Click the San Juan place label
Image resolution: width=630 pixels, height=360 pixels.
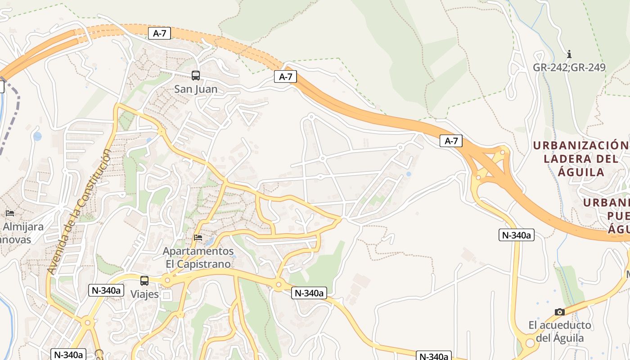pos(196,89)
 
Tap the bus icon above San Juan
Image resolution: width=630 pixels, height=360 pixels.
pos(195,76)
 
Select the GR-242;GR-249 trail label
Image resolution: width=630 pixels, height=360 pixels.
pos(569,67)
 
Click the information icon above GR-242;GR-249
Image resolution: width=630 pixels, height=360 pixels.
pos(569,54)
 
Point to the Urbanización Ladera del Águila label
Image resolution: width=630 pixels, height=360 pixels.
pos(580,158)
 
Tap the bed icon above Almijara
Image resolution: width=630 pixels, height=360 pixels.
pos(10,213)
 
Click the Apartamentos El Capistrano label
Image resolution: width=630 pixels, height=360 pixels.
pos(198,257)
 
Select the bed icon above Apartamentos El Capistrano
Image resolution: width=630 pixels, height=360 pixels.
pos(198,237)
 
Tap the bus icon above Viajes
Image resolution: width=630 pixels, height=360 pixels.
pos(144,281)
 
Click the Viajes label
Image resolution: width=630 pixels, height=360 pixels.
pos(144,294)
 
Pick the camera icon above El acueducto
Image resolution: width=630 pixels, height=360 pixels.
pos(559,312)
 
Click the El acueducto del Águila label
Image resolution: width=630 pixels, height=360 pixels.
pos(560,331)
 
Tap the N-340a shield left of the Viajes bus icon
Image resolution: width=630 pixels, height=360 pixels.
pos(106,290)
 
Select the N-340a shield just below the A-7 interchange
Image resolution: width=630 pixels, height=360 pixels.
pos(516,235)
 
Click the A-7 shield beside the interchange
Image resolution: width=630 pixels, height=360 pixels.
pos(451,141)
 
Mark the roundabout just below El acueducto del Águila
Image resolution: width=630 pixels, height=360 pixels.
pos(530,343)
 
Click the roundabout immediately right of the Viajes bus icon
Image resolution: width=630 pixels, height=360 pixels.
pos(167,281)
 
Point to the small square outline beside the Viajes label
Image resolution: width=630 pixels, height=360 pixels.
pos(167,295)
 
